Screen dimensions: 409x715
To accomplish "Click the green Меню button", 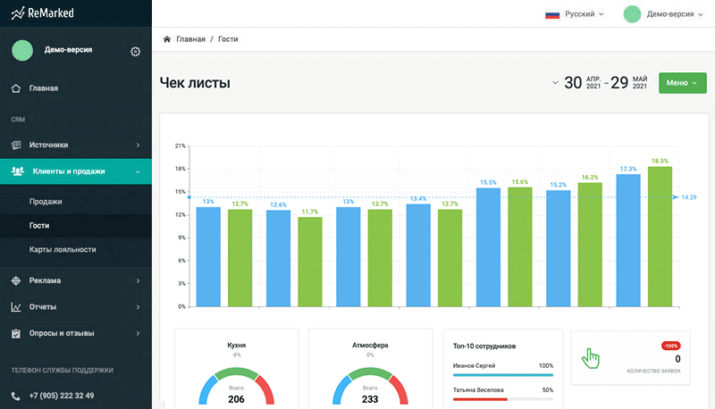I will click(x=681, y=83).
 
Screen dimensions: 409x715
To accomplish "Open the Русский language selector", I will click(x=575, y=14).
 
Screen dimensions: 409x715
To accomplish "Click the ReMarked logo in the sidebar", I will click(x=46, y=14).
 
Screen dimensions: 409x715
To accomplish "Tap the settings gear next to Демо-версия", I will click(x=135, y=51).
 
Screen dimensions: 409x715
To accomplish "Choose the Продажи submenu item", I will click(x=46, y=202).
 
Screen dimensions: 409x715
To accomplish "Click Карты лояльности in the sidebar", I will click(x=63, y=249).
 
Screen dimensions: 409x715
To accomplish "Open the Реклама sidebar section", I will click(x=45, y=281).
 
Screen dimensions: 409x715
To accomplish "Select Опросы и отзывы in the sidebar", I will click(x=62, y=334).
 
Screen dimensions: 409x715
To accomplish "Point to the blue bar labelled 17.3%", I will click(x=628, y=240).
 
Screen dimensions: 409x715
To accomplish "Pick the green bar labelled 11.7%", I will click(x=310, y=262).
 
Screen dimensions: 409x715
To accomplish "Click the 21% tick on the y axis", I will click(x=180, y=146).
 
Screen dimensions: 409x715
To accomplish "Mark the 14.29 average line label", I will click(x=688, y=197).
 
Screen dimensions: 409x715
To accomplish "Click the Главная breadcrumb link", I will click(x=190, y=39).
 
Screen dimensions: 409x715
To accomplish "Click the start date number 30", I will click(x=573, y=83).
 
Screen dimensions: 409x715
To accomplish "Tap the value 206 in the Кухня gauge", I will click(x=236, y=399).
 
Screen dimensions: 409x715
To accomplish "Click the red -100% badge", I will click(x=671, y=346).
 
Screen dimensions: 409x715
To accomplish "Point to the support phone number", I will click(x=62, y=396).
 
